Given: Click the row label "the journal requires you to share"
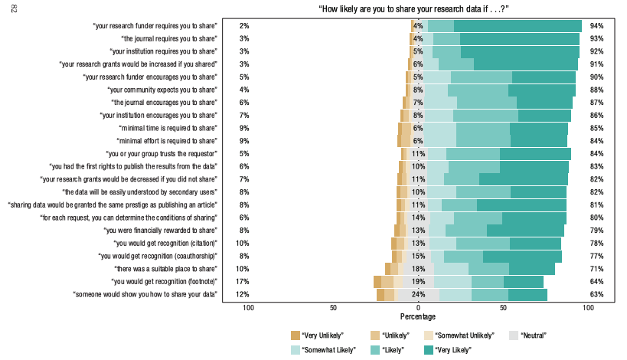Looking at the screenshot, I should [169, 38].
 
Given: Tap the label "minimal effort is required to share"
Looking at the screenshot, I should [167, 141].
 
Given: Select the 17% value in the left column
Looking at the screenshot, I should [243, 281].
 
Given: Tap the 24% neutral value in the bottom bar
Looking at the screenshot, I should [418, 294].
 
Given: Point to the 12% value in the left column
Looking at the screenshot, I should [243, 294].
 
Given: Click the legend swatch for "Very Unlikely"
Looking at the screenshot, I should [296, 335].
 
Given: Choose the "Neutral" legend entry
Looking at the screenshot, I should [531, 335].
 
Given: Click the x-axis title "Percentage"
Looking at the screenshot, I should [418, 316].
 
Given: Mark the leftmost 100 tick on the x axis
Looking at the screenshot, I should [248, 308].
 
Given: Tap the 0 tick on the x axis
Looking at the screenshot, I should [418, 308].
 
